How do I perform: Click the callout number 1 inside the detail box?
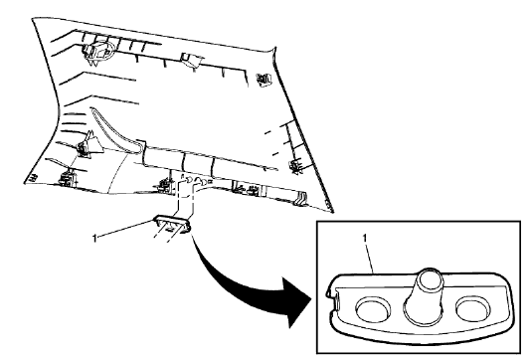point(369,239)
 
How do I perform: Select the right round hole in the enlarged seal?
point(478,308)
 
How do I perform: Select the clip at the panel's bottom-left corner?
point(68,180)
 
